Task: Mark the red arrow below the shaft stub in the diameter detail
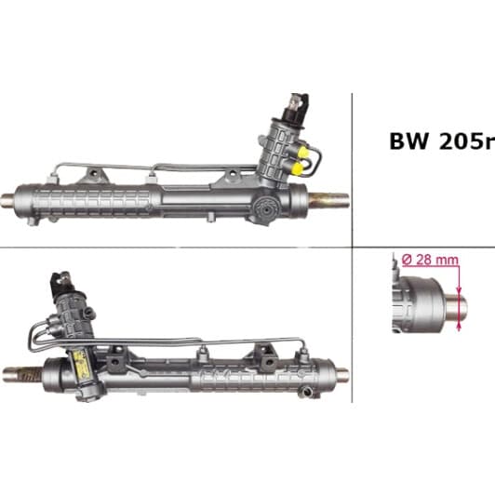point(462,325)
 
